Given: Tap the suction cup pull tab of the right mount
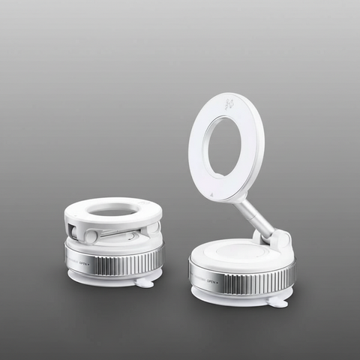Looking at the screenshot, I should pyautogui.click(x=277, y=302).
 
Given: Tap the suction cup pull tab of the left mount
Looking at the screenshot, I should pyautogui.click(x=145, y=282).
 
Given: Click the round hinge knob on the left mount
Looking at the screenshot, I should pyautogui.click(x=91, y=236).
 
